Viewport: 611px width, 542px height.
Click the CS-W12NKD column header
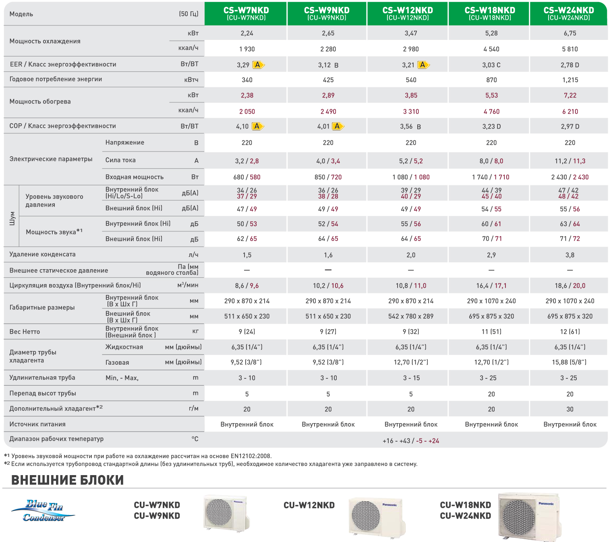coord(407,14)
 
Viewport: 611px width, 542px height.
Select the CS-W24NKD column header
coord(568,14)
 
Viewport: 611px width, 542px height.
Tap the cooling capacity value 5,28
coord(491,33)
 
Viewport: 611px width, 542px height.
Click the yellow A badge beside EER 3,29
coord(258,64)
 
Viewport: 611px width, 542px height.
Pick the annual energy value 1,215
coord(570,80)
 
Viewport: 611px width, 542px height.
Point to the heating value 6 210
coord(570,112)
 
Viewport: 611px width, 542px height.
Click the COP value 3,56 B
coord(410,127)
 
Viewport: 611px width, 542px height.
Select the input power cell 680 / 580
coord(246,177)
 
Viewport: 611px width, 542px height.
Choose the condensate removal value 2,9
coord(491,255)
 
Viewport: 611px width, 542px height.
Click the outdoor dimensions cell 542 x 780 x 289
coord(410,316)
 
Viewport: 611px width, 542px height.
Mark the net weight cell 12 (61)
coord(570,332)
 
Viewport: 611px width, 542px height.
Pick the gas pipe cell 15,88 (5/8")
coord(569,362)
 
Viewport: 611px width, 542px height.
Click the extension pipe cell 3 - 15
coord(411,378)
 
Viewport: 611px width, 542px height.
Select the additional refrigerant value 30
coord(570,409)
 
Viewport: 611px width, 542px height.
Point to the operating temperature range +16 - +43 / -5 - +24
coord(410,441)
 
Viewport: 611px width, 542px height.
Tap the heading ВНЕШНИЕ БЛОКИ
coord(67,480)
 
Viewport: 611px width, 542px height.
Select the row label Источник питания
coord(37,424)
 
